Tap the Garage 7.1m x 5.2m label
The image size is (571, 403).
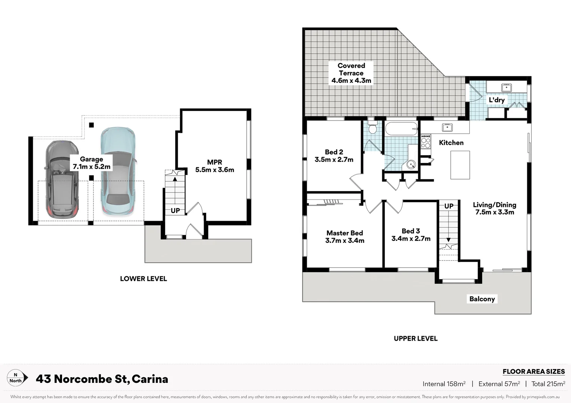point(92,163)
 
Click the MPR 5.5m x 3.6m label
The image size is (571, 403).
point(214,166)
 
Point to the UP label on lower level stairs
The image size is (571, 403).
point(175,210)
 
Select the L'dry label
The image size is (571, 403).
point(497,100)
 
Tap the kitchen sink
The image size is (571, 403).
point(447,127)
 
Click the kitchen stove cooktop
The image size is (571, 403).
point(426,141)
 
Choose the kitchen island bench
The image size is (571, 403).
point(460,165)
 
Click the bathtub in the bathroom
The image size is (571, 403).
point(401,129)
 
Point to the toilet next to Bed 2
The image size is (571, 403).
point(372,127)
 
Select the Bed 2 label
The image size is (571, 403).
point(334,156)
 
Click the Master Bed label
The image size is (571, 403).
point(345,237)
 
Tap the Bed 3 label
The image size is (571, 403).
point(411,235)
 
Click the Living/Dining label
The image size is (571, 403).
point(494,208)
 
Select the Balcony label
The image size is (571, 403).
point(482,299)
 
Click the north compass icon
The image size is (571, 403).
point(17,378)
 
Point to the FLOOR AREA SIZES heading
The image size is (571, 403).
point(533,371)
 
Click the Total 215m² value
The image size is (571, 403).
point(548,384)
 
